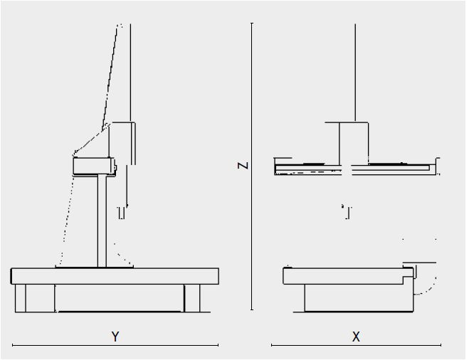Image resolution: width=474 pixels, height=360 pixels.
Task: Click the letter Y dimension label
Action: pyautogui.click(x=115, y=337)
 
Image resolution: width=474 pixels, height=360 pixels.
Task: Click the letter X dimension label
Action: pyautogui.click(x=356, y=337)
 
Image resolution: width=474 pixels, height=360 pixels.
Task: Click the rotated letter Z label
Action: pyautogui.click(x=243, y=166)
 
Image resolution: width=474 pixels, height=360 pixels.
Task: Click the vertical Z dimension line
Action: pyautogui.click(x=252, y=166)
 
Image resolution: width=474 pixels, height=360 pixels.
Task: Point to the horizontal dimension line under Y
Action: pyautogui.click(x=115, y=345)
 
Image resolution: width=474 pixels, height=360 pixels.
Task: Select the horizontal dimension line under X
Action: pyautogui.click(x=356, y=345)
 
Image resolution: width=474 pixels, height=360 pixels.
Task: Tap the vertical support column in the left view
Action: pyautogui.click(x=102, y=221)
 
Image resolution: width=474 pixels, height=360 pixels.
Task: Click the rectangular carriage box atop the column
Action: pyautogui.click(x=94, y=166)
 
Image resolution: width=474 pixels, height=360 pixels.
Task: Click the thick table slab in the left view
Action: pyautogui.click(x=115, y=276)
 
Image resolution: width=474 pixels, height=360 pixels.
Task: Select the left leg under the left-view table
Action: pyautogui.click(x=21, y=298)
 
